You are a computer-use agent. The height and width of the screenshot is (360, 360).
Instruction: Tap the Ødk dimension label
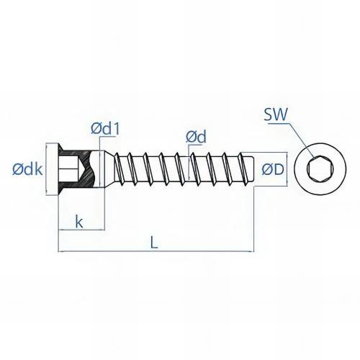tap(27, 170)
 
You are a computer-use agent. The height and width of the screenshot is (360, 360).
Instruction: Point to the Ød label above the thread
tap(195, 135)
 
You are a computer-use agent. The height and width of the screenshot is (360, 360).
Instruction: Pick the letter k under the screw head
tap(79, 222)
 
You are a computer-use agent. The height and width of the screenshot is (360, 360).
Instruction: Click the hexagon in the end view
tap(316, 171)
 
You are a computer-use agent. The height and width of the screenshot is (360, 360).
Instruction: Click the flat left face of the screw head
tap(58, 170)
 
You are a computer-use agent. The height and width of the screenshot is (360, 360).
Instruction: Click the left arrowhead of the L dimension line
tap(61, 251)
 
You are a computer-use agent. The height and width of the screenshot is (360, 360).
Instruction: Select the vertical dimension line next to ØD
tap(289, 170)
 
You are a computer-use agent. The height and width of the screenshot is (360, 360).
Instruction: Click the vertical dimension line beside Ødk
tap(48, 170)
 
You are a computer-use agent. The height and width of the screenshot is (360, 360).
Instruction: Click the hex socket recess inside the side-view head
tap(71, 171)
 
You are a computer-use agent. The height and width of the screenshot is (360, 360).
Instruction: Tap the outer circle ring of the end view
tap(316, 150)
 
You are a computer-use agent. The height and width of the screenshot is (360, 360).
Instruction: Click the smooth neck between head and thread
tap(108, 170)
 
